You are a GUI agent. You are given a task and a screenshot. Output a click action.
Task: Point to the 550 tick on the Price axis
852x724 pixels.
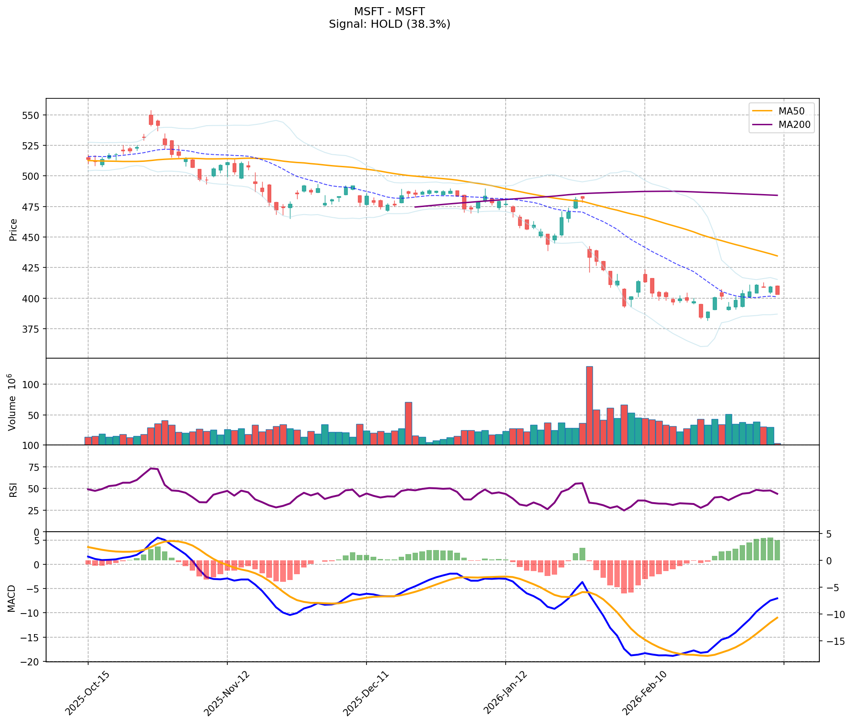(x=31, y=115)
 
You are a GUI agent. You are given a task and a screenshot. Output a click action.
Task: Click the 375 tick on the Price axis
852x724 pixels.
(x=31, y=329)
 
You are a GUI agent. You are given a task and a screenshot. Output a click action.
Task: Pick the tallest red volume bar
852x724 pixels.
(x=589, y=405)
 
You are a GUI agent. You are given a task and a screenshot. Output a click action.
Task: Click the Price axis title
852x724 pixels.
(x=13, y=229)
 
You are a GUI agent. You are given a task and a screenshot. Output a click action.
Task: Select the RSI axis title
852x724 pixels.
(x=13, y=490)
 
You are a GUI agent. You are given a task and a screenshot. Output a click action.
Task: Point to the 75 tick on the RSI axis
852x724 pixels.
(x=34, y=467)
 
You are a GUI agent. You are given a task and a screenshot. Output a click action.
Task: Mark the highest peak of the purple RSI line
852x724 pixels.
(x=151, y=468)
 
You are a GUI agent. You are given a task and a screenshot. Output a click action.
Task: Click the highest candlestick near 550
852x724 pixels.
(x=151, y=119)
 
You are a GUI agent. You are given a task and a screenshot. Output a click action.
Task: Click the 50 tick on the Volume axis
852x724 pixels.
(x=34, y=415)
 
